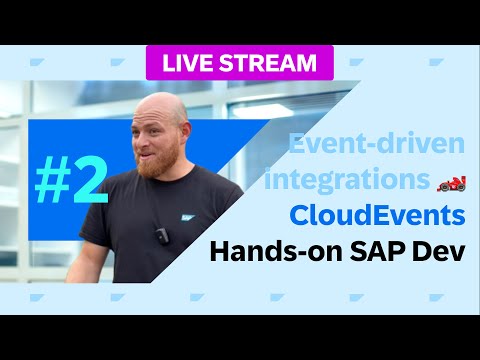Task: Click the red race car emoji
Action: pos(452,182)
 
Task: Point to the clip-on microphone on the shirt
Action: pos(160,237)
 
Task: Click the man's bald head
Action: pos(160,108)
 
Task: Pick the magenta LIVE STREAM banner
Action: pos(238,62)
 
